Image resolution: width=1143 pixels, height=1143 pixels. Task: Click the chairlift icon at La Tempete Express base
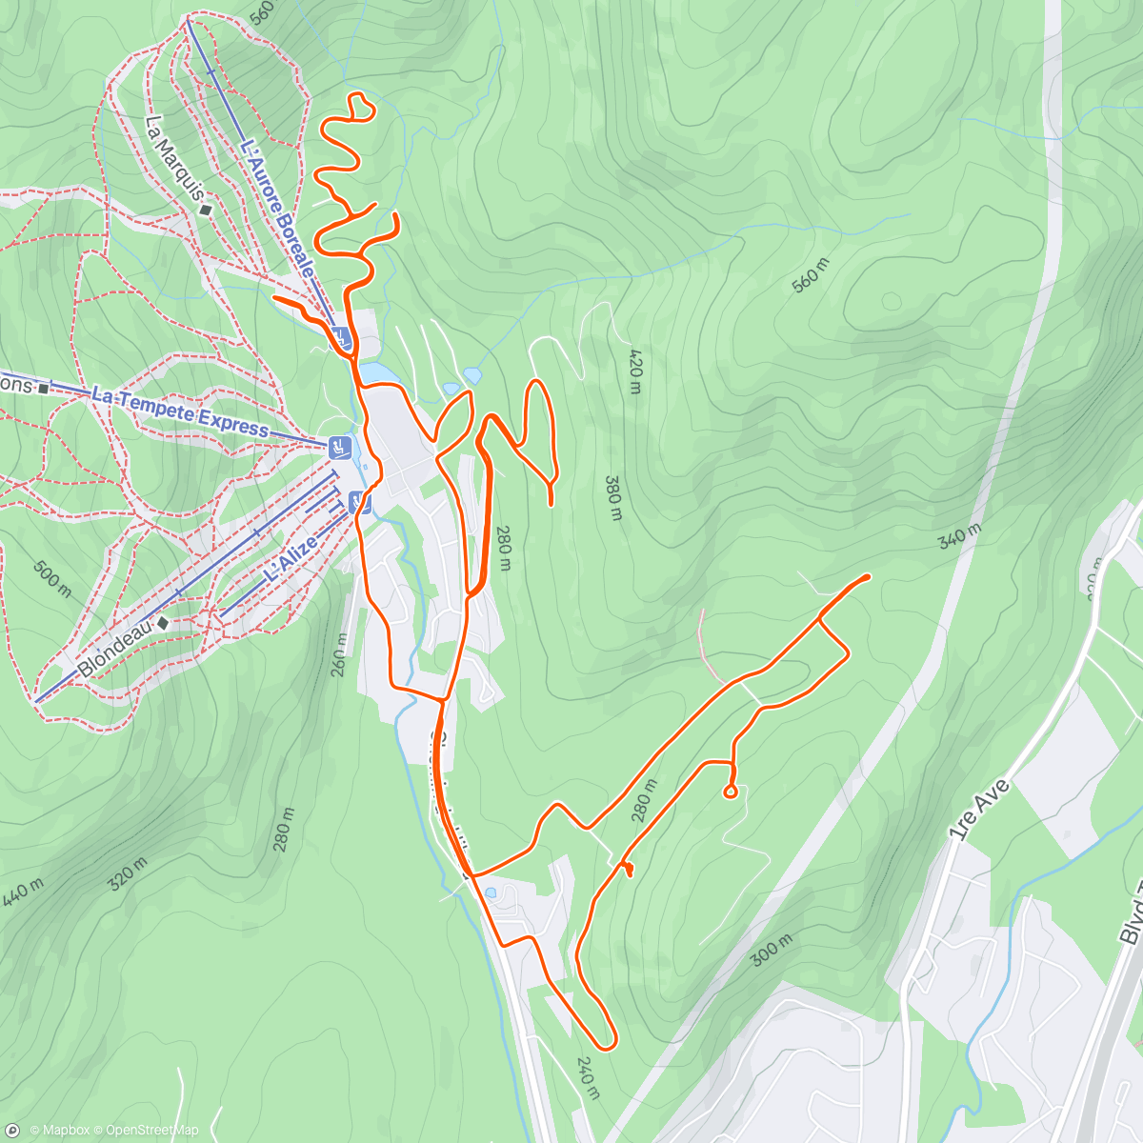338,446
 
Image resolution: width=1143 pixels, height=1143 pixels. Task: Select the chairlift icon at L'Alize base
358,502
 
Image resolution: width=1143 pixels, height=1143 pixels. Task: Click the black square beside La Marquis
206,210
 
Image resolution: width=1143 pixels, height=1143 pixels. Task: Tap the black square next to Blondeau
163,623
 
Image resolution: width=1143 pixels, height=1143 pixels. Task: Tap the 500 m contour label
52,579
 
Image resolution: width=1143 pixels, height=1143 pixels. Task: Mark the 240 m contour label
588,1077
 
